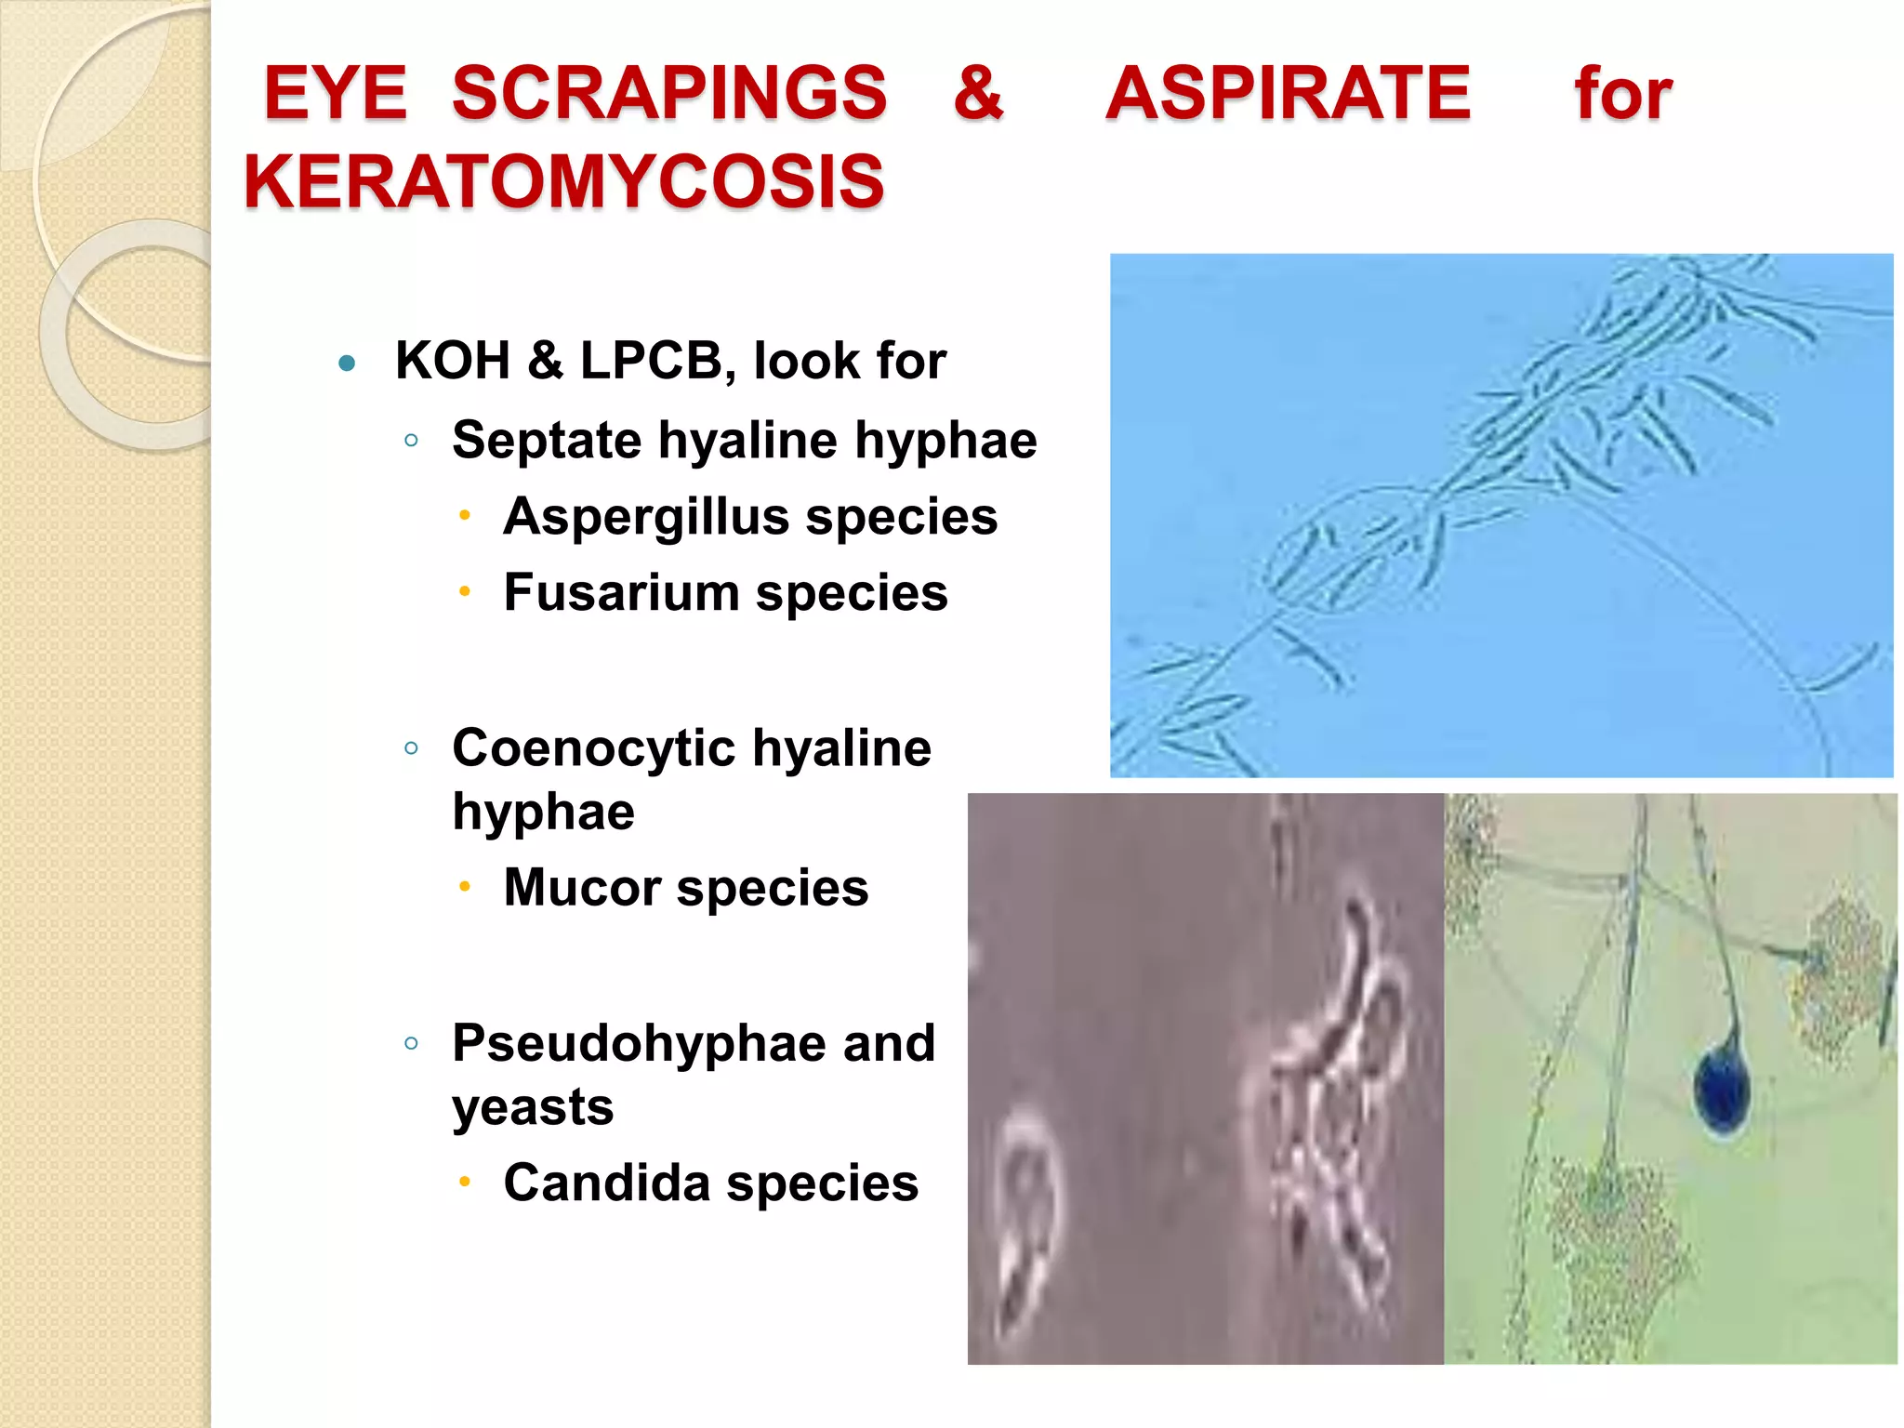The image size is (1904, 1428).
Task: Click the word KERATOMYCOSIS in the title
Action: click(x=563, y=181)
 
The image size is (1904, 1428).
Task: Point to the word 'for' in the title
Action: click(x=1622, y=94)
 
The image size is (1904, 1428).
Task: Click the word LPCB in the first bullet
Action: click(x=651, y=361)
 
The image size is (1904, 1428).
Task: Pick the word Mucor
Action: click(x=583, y=888)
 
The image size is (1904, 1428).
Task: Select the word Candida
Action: click(x=607, y=1183)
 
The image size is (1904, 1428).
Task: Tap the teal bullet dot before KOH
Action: click(x=348, y=363)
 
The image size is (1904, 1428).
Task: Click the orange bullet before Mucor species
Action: click(x=465, y=887)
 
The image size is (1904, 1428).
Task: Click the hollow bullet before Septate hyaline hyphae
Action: click(x=411, y=441)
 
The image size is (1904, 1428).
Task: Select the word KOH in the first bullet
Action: click(x=453, y=361)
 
